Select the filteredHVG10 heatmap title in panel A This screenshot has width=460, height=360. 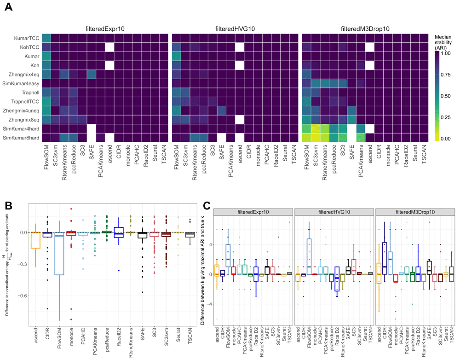pyautogui.click(x=234, y=29)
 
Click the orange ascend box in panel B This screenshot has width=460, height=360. pyautogui.click(x=32, y=240)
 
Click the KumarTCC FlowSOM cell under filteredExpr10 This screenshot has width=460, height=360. pyautogui.click(x=46, y=38)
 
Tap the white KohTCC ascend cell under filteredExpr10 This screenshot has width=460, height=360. pyautogui.click(x=109, y=46)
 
